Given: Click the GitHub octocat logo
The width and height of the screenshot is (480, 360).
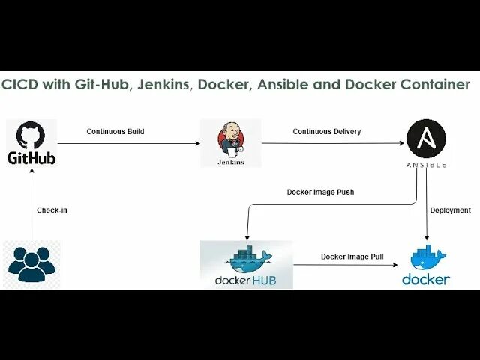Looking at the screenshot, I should (31, 135).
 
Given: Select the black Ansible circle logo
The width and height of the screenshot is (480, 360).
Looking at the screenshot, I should (426, 139).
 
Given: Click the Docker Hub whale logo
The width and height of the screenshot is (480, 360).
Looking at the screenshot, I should (248, 259).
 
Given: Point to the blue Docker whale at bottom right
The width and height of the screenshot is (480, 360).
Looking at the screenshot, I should (427, 259).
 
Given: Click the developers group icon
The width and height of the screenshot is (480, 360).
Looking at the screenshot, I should (31, 262).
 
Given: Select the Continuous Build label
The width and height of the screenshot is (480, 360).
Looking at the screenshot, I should (115, 131).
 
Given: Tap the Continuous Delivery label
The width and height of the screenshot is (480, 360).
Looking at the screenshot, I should (326, 131).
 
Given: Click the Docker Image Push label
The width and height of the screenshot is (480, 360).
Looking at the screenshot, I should (320, 192).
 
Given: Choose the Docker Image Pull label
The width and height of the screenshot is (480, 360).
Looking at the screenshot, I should (352, 256).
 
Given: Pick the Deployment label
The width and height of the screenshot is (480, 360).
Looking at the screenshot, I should (451, 210).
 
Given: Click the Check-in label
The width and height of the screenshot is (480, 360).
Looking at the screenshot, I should (52, 210).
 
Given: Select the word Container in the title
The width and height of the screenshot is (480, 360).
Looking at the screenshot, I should (434, 84).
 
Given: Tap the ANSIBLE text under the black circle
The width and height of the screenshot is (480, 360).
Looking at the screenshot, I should (426, 164).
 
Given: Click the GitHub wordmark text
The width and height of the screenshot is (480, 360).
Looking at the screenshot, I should (31, 158).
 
